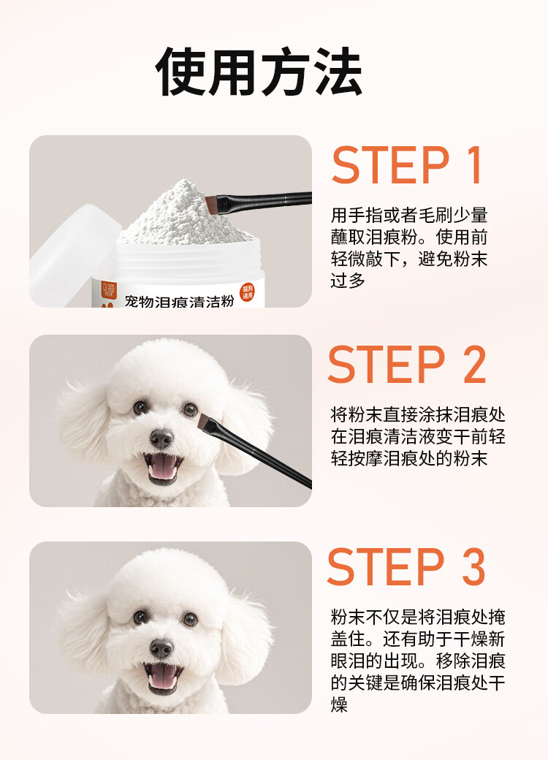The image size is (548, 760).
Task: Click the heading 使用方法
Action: [259, 72]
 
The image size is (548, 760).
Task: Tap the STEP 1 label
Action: [407, 165]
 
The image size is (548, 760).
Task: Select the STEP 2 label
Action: [407, 365]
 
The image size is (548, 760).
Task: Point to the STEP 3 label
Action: [406, 566]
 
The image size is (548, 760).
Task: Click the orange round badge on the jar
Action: [248, 292]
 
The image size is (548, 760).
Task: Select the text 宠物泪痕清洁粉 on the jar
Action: [179, 302]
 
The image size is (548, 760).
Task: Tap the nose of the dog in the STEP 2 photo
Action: [161, 438]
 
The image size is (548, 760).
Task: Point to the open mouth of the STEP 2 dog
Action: [162, 468]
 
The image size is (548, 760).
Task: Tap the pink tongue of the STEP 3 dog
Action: [162, 680]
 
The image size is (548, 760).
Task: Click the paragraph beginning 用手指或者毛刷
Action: [409, 248]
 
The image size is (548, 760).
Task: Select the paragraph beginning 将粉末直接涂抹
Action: [418, 437]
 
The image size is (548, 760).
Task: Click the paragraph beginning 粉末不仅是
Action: [418, 661]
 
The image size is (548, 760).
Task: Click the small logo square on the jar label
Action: [107, 290]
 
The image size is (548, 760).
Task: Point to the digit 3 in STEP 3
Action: [473, 566]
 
